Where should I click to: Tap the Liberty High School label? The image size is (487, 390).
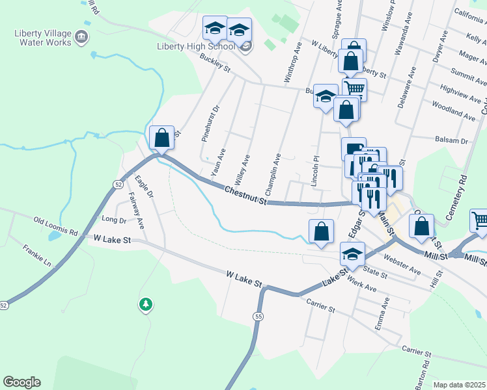tap(195, 46)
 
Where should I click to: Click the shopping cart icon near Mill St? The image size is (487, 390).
tap(480, 222)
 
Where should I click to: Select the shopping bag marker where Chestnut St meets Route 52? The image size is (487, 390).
tap(162, 137)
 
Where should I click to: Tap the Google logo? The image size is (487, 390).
tap(21, 382)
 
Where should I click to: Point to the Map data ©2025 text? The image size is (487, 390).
tap(459, 385)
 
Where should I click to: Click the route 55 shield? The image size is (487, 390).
tap(258, 316)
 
